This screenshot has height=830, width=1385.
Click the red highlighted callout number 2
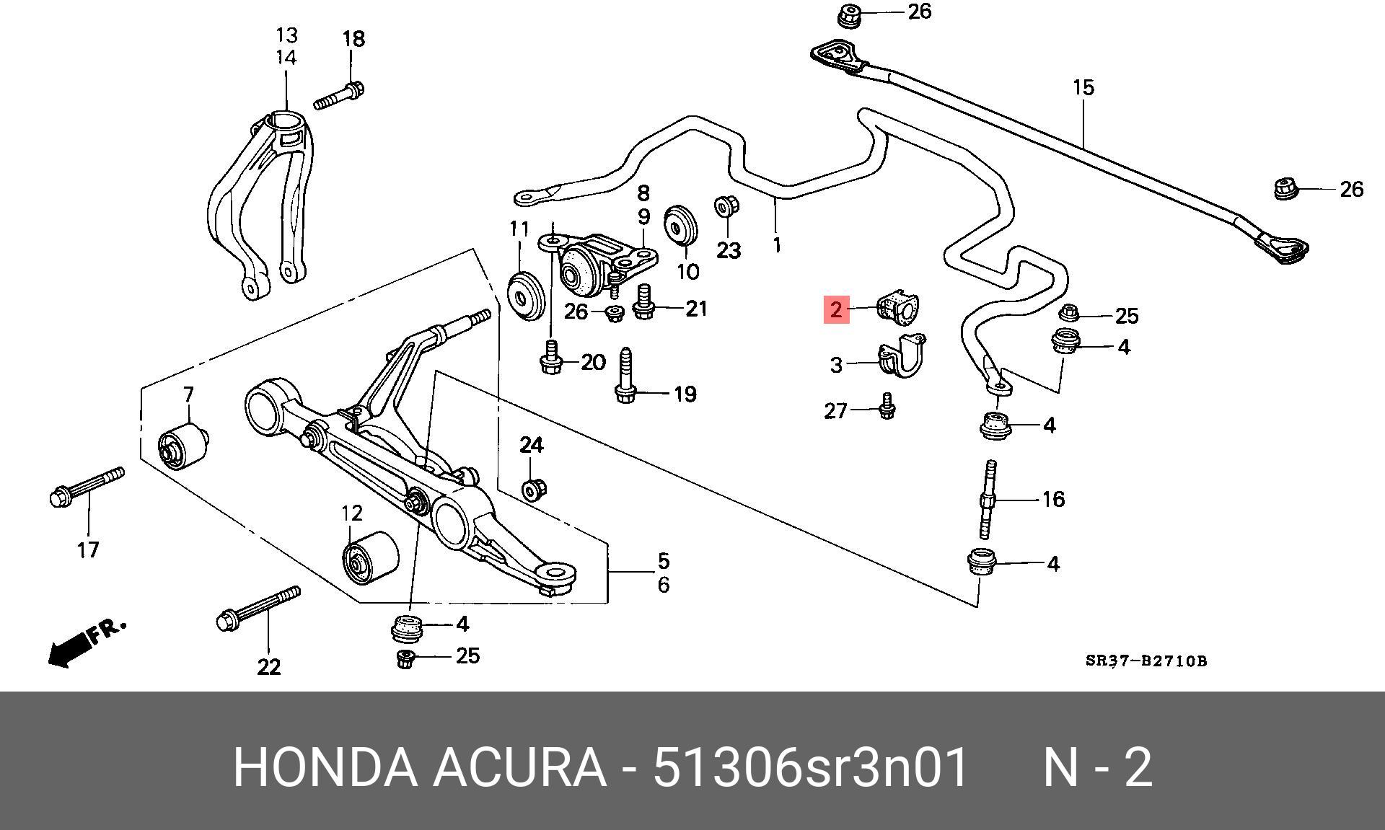coord(836,310)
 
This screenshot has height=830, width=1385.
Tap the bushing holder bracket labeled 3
coord(901,358)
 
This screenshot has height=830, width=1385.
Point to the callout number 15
coord(1083,88)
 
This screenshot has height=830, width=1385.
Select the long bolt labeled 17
coord(87,486)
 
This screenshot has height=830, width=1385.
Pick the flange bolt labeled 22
coord(258,608)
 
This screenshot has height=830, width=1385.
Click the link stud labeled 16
coord(988,500)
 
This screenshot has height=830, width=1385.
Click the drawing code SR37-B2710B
coord(1146,661)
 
